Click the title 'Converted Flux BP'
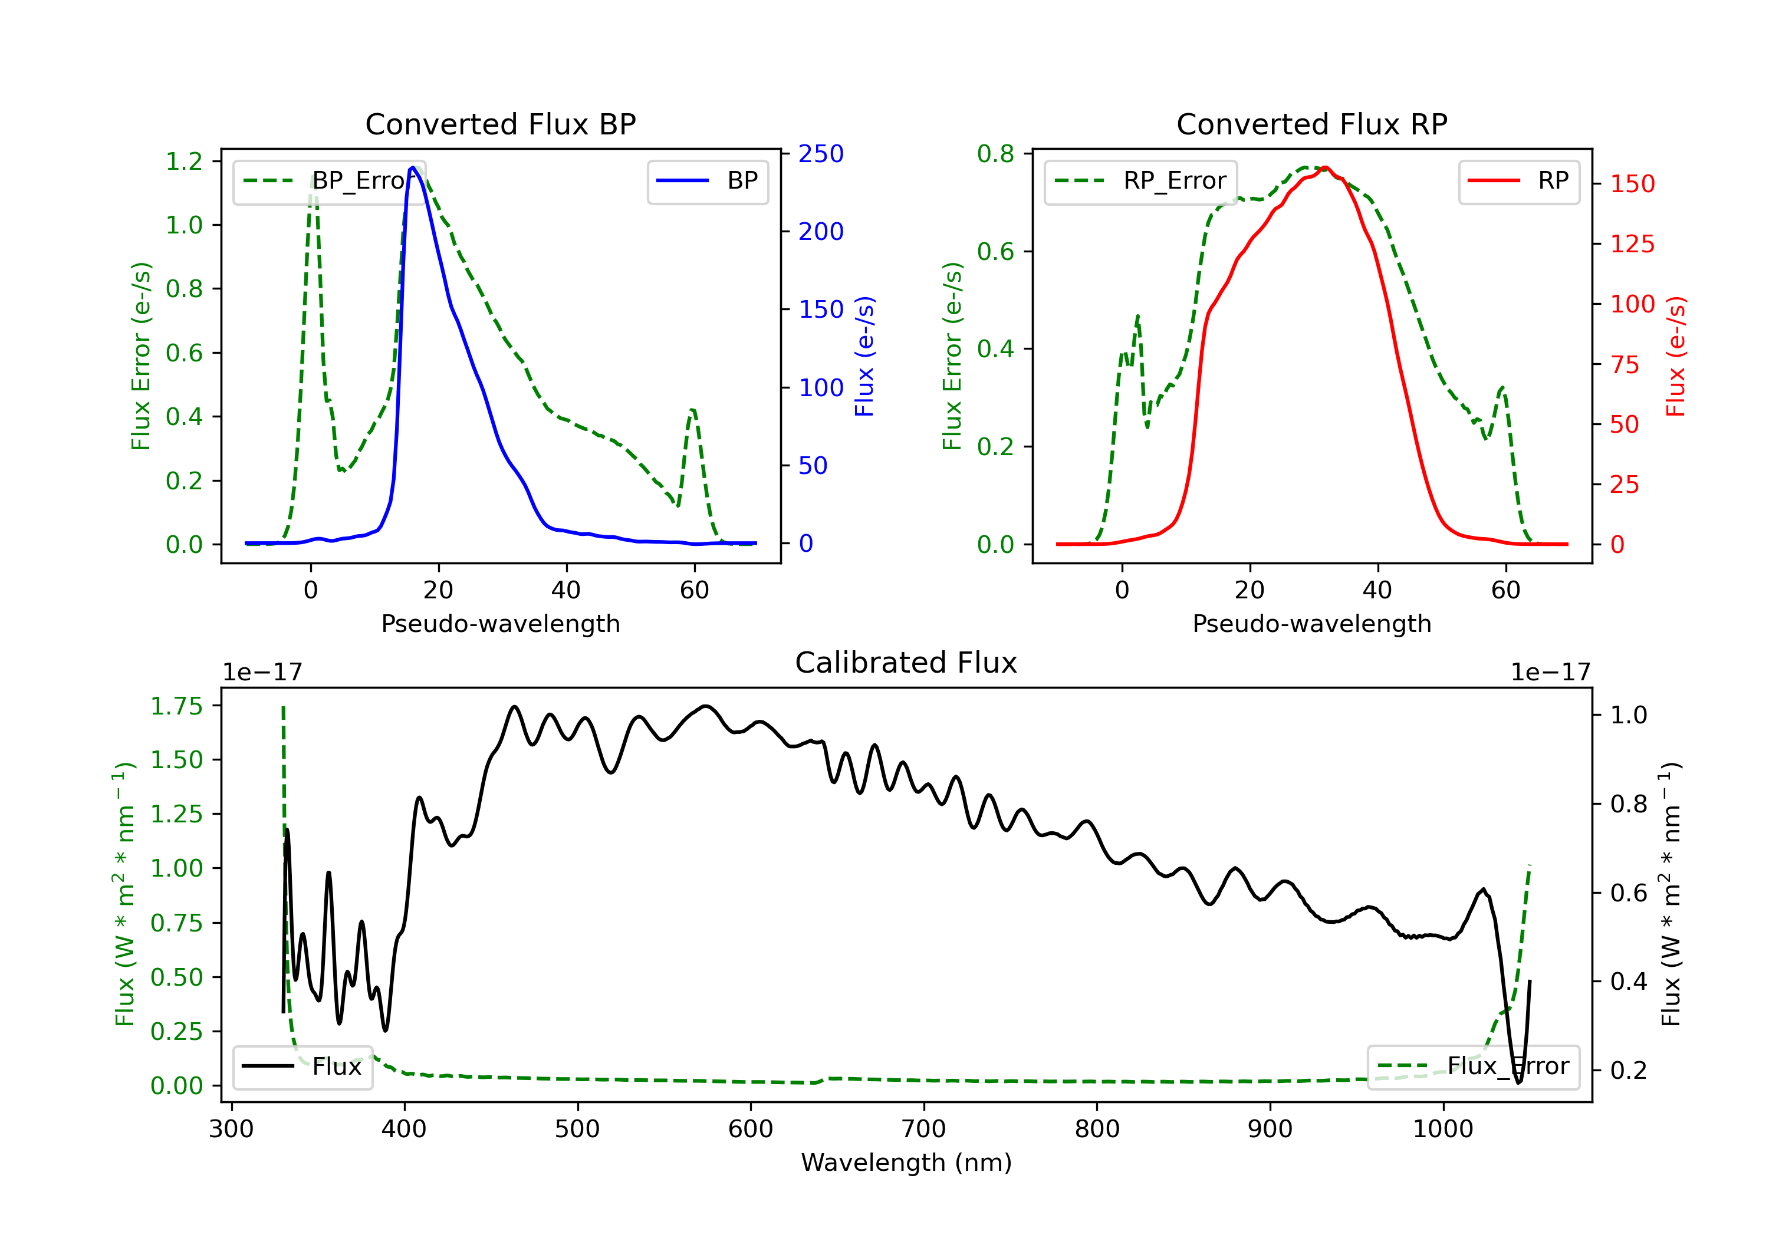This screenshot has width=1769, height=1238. pyautogui.click(x=501, y=124)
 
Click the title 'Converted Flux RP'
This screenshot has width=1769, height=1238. pyautogui.click(x=1312, y=124)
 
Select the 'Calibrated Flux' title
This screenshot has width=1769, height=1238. pyautogui.click(x=906, y=663)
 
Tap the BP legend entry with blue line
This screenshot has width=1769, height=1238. pyautogui.click(x=707, y=181)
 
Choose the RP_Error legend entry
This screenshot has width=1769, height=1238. pyautogui.click(x=1140, y=182)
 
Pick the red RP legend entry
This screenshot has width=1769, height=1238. pyautogui.click(x=1518, y=181)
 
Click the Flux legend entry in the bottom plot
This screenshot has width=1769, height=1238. pyautogui.click(x=302, y=1067)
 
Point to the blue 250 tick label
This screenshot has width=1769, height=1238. pyautogui.click(x=821, y=154)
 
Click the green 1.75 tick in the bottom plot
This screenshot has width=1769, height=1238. pyautogui.click(x=176, y=706)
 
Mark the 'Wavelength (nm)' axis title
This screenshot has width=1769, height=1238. pyautogui.click(x=906, y=1163)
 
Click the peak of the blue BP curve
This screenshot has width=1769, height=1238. pyautogui.click(x=413, y=167)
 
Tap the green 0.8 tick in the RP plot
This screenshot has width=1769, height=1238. pyautogui.click(x=995, y=154)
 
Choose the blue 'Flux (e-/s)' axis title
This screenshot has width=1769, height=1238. pyautogui.click(x=864, y=357)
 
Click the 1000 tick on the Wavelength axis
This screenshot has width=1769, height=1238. pyautogui.click(x=1443, y=1130)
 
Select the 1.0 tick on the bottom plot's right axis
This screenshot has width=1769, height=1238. pyautogui.click(x=1629, y=715)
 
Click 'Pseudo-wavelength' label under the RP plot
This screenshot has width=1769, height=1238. pyautogui.click(x=1312, y=623)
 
